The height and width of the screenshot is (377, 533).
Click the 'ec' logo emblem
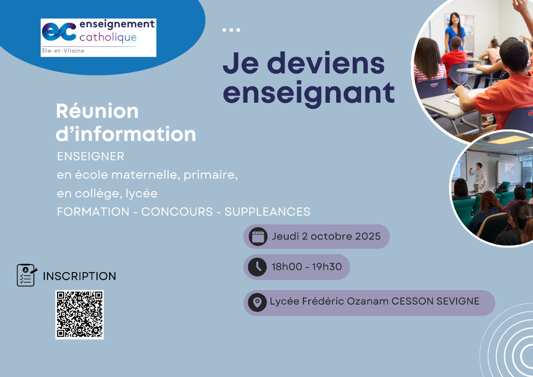(x=59, y=32)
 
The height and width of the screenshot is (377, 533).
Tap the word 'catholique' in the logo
(x=108, y=38)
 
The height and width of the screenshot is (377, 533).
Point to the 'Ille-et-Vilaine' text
(x=63, y=51)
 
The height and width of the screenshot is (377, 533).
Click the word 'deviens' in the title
(x=326, y=63)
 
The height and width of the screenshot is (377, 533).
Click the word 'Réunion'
(x=97, y=111)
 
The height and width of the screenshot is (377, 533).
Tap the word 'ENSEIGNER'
(x=91, y=156)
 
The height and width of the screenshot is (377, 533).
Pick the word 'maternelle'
(x=144, y=175)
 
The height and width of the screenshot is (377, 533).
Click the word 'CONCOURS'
(x=177, y=212)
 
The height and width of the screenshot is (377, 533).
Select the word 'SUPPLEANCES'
(x=267, y=212)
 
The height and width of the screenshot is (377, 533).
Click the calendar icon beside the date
(x=258, y=237)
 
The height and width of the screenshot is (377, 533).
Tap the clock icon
(x=257, y=267)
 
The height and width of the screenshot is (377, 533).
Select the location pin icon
(x=257, y=302)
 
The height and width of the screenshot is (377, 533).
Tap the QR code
(x=80, y=315)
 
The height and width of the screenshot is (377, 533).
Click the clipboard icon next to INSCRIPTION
(x=27, y=275)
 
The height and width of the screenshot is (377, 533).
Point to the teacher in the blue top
(x=455, y=32)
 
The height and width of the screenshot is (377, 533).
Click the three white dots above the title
(x=231, y=30)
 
